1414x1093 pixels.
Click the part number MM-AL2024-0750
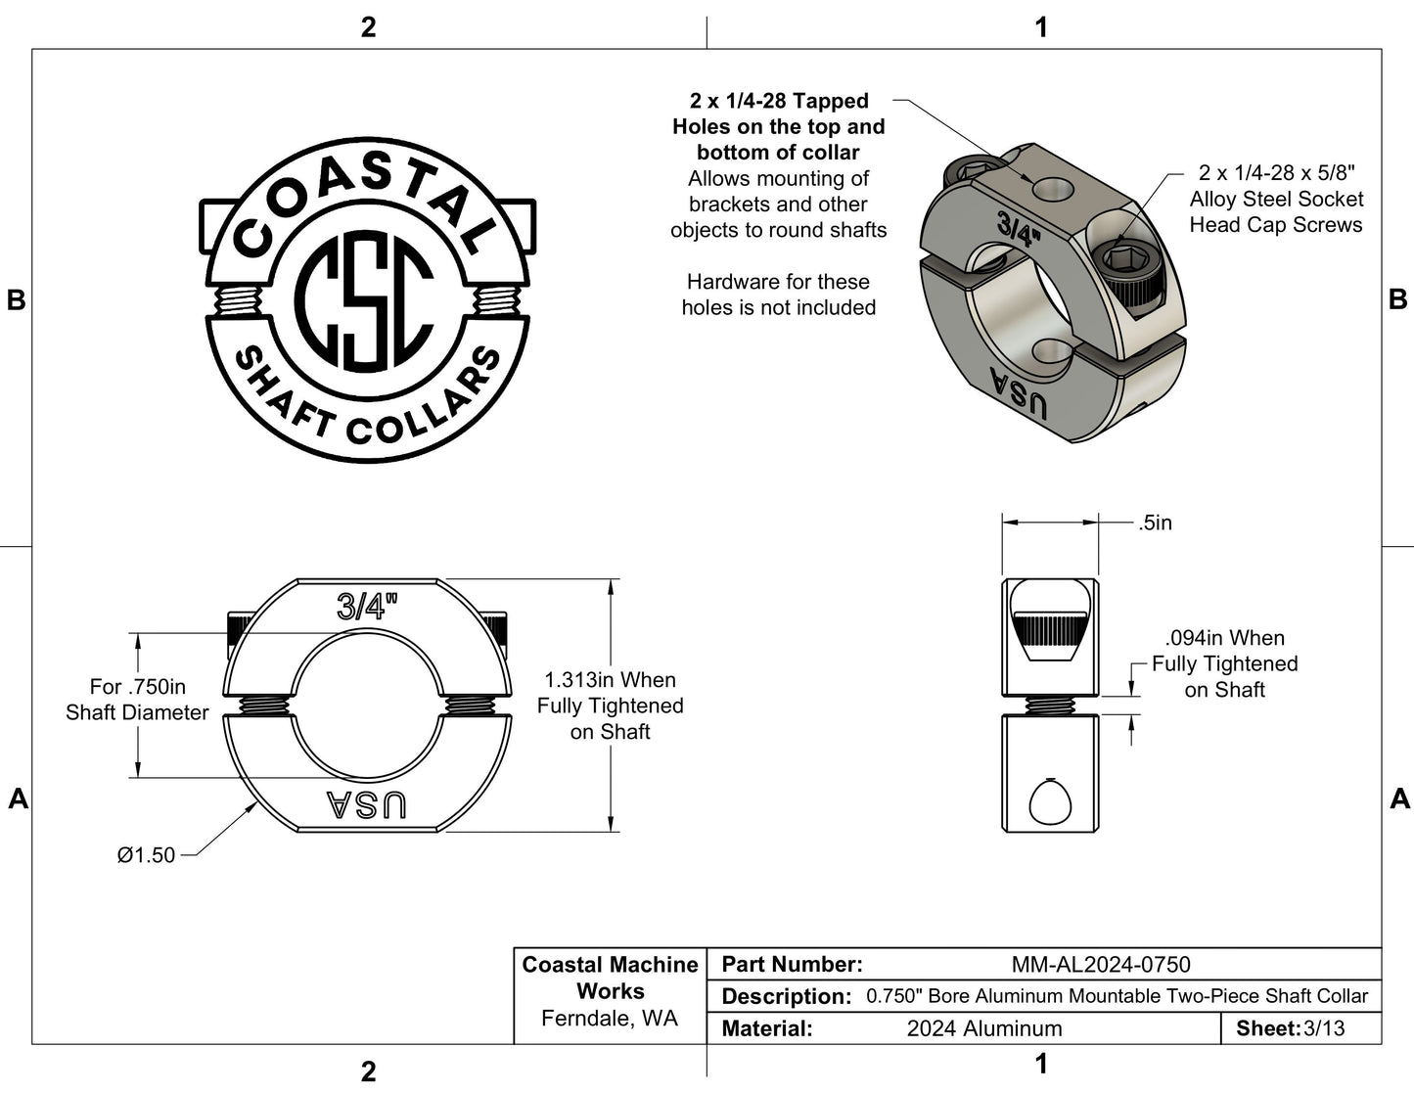click(1101, 965)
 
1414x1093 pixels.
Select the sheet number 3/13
click(1324, 1028)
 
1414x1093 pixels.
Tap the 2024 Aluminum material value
click(983, 1028)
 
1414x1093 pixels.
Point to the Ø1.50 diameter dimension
click(146, 855)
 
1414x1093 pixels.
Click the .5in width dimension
click(1155, 524)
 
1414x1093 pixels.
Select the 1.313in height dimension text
click(610, 706)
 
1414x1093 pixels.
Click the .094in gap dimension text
click(1224, 663)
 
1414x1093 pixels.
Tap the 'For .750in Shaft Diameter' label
click(137, 700)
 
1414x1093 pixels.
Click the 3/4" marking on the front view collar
click(367, 607)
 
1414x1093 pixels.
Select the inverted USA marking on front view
click(366, 804)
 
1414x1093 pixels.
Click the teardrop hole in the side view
click(1051, 802)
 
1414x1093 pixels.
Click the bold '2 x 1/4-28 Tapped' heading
click(779, 101)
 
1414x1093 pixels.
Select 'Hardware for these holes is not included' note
click(778, 295)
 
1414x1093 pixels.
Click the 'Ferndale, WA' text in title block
click(609, 1019)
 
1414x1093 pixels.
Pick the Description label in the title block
click(786, 997)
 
